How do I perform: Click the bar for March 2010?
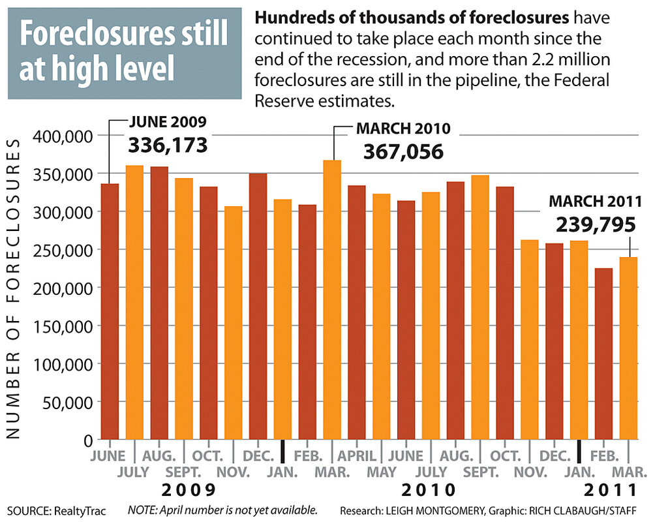332,300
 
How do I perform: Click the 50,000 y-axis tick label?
68,403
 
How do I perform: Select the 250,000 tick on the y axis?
64,251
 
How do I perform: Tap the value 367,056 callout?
403,152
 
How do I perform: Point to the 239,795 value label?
596,225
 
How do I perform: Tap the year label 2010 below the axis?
428,490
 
